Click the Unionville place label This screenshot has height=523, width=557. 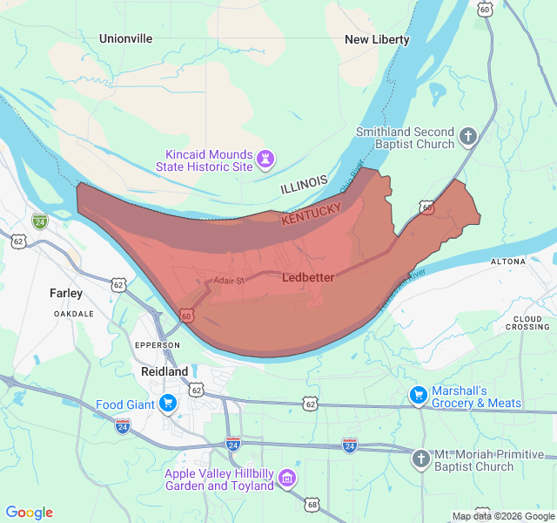125,38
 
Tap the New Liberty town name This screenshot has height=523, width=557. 377,39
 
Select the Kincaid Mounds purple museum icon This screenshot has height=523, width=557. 266,160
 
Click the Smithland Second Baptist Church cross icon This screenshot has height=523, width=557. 468,137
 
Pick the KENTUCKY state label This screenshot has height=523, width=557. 311,214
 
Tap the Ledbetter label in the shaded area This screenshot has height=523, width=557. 308,276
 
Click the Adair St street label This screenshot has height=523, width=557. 230,281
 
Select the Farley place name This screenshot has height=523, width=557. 66,294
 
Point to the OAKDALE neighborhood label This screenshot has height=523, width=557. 73,313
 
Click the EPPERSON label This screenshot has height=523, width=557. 158,345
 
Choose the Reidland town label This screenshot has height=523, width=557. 164,371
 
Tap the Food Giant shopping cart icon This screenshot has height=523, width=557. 168,404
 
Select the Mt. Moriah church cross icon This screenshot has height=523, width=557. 421,458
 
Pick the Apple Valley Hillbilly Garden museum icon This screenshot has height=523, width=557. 288,479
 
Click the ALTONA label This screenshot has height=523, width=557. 508,261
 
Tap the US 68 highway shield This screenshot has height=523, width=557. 312,504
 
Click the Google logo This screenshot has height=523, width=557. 30,513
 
